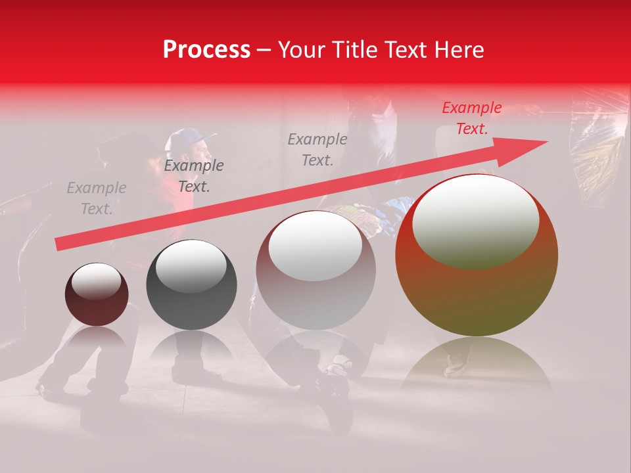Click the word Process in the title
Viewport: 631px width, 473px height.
pyautogui.click(x=206, y=50)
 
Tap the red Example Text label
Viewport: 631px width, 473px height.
pyautogui.click(x=471, y=118)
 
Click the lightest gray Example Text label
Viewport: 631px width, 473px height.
pyautogui.click(x=97, y=198)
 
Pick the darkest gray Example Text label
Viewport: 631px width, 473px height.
pyautogui.click(x=194, y=176)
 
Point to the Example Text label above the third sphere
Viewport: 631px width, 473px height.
pyautogui.click(x=317, y=149)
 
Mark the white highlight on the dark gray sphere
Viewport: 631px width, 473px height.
pyautogui.click(x=191, y=265)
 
